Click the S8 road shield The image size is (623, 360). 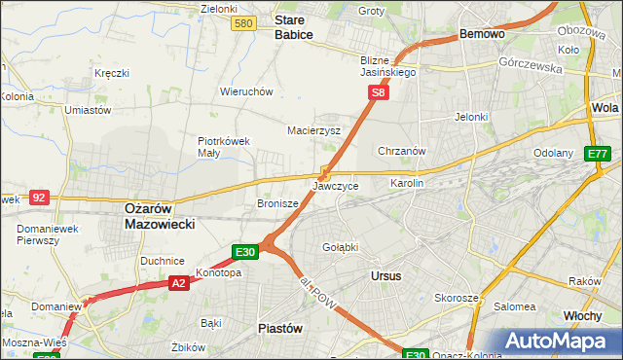click(379, 93)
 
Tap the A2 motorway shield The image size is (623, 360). click(178, 283)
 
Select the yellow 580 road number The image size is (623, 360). click(244, 23)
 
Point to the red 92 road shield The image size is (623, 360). click(39, 197)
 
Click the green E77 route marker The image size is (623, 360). click(598, 154)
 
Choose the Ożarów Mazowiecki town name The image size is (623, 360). click(160, 215)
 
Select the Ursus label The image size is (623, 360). click(385, 276)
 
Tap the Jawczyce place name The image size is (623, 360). click(336, 185)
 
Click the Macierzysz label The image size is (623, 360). click(313, 129)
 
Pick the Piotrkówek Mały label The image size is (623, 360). click(224, 146)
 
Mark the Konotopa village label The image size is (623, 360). click(218, 272)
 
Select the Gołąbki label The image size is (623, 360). click(340, 247)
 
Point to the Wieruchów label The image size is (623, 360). click(245, 91)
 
